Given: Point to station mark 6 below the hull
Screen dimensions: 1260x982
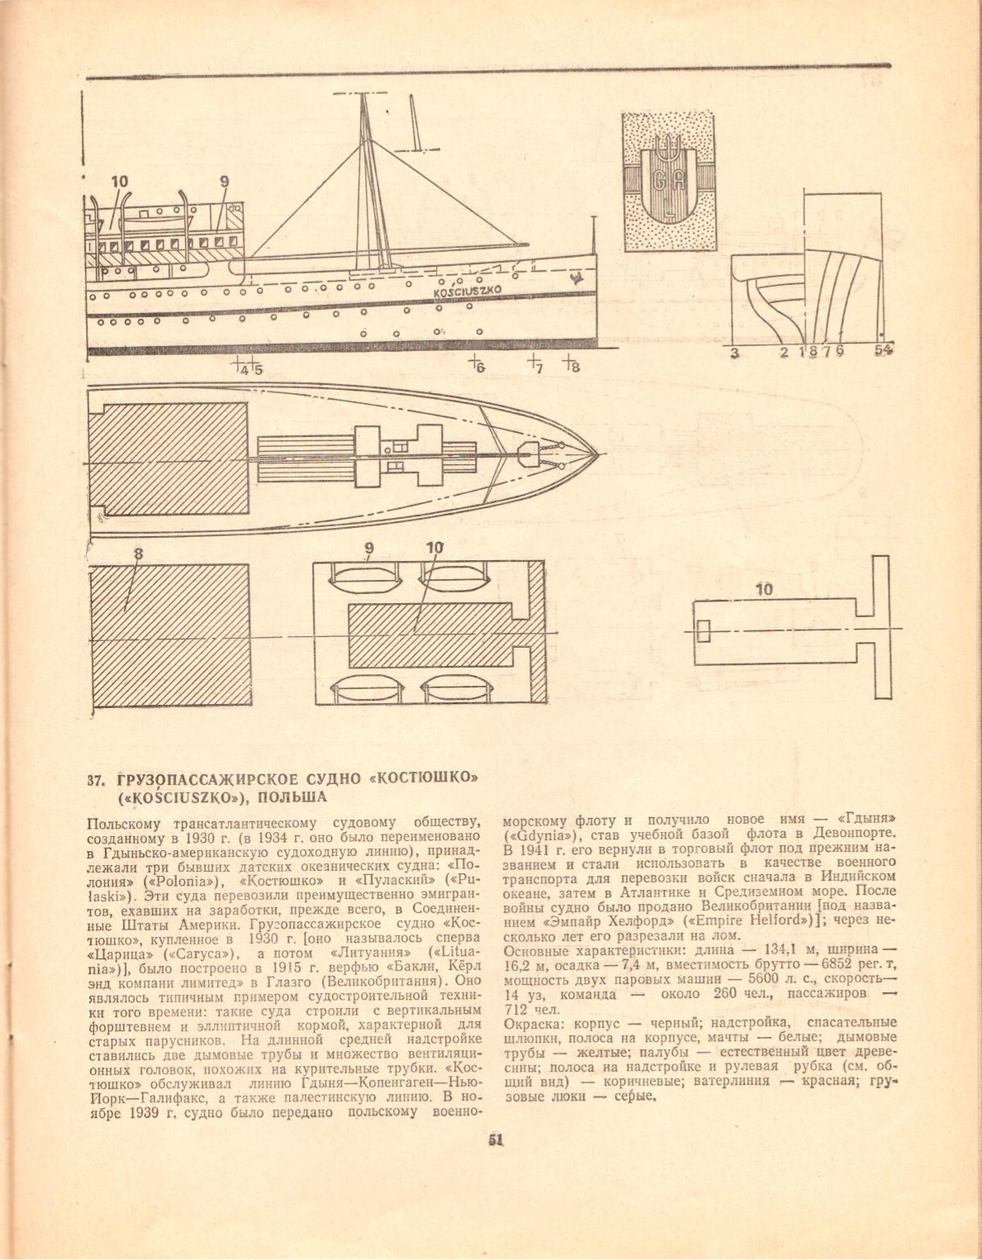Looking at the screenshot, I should tap(478, 368).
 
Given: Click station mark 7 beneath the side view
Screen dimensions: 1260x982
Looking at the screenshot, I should tap(538, 368).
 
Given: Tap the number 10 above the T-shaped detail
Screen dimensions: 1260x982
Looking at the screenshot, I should tap(764, 590).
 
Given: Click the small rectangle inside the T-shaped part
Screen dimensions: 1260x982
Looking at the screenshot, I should tap(703, 630).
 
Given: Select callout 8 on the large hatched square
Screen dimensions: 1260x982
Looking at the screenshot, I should tap(138, 556).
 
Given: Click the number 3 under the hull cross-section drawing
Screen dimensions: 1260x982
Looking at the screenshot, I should tap(734, 353).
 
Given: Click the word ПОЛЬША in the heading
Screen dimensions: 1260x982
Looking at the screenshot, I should tap(299, 797).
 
